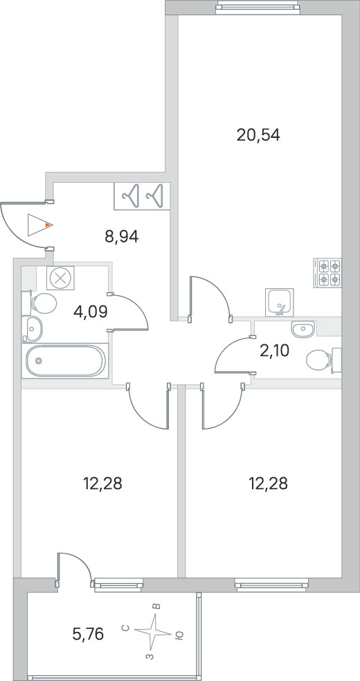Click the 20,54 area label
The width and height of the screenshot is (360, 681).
[x=258, y=136]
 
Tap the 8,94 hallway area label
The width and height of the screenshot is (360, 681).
[x=121, y=237]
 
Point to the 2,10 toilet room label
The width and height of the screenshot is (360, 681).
[x=273, y=350]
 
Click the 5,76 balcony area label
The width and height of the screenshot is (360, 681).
[x=88, y=635]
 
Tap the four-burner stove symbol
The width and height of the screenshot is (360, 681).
[x=327, y=272]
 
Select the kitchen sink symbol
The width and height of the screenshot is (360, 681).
[x=279, y=302]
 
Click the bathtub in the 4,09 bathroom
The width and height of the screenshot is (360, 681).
[x=65, y=360]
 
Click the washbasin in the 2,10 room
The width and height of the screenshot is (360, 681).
[x=303, y=329]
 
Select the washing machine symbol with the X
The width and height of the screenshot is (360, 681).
[x=60, y=278]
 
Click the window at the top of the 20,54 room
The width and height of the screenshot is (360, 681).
[x=258, y=6]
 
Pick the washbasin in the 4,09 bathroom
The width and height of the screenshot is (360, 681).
[x=32, y=329]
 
